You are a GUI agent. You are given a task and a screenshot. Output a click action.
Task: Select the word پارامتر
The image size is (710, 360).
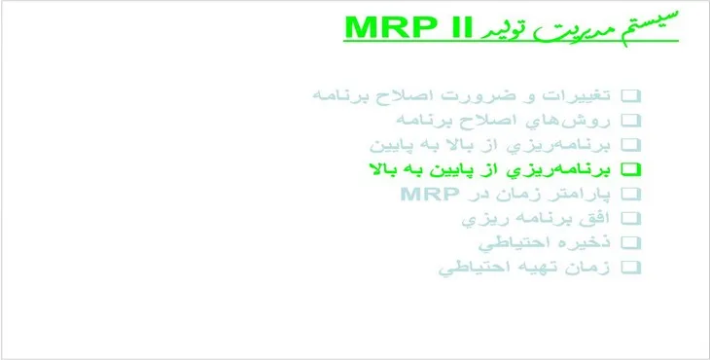(x=579, y=194)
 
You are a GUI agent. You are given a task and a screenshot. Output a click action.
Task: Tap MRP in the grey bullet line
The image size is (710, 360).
(x=426, y=194)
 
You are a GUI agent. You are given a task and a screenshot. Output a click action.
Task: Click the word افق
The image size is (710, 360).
(x=597, y=218)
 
